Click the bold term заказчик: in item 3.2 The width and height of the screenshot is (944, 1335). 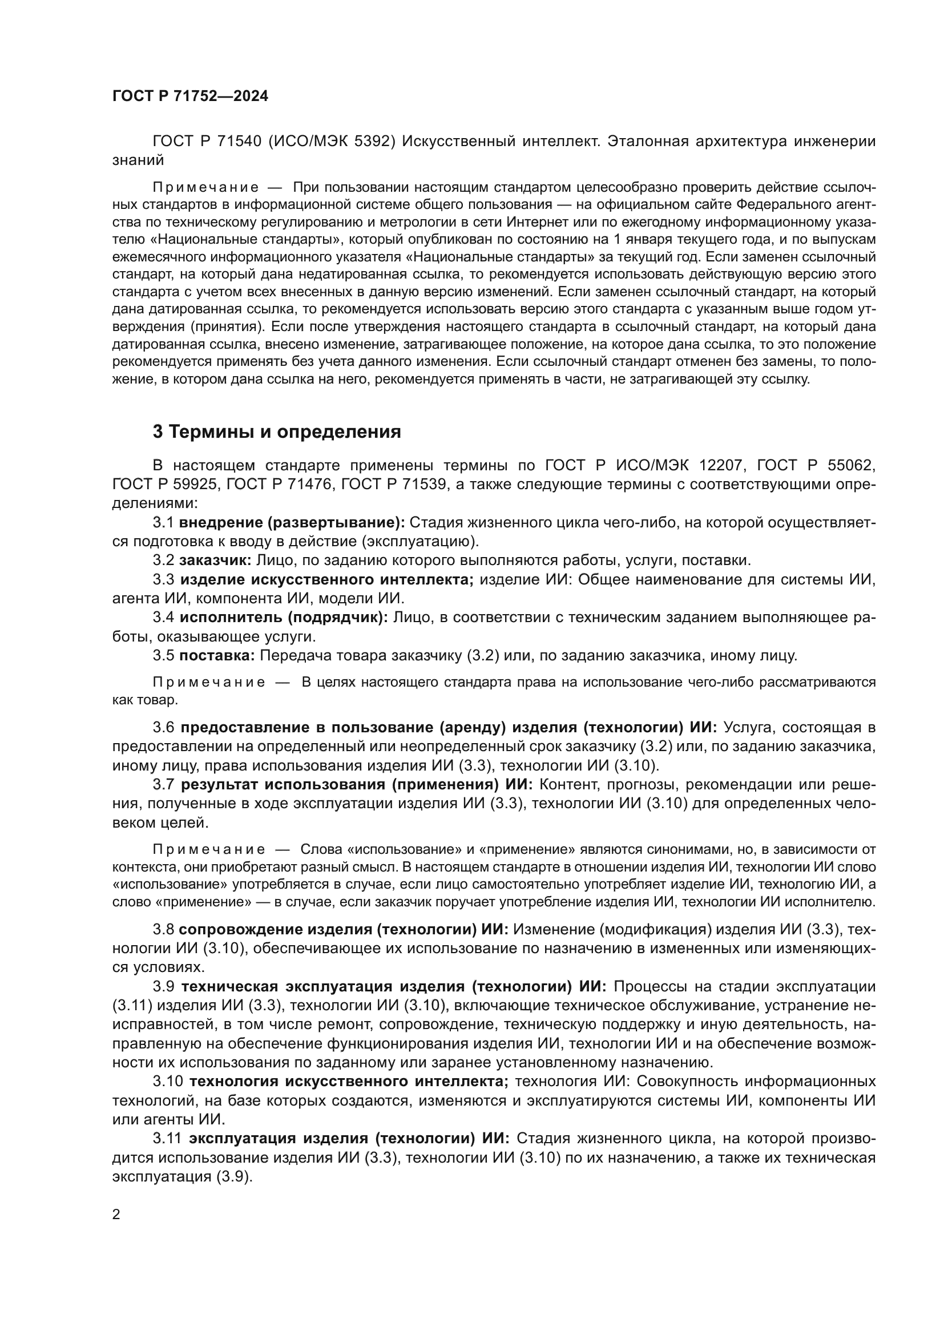[x=215, y=560]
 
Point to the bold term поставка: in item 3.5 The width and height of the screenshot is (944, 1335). [x=217, y=656]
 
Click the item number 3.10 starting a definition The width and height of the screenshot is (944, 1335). [x=168, y=1082]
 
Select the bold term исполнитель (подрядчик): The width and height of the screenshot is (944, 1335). [x=284, y=618]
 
